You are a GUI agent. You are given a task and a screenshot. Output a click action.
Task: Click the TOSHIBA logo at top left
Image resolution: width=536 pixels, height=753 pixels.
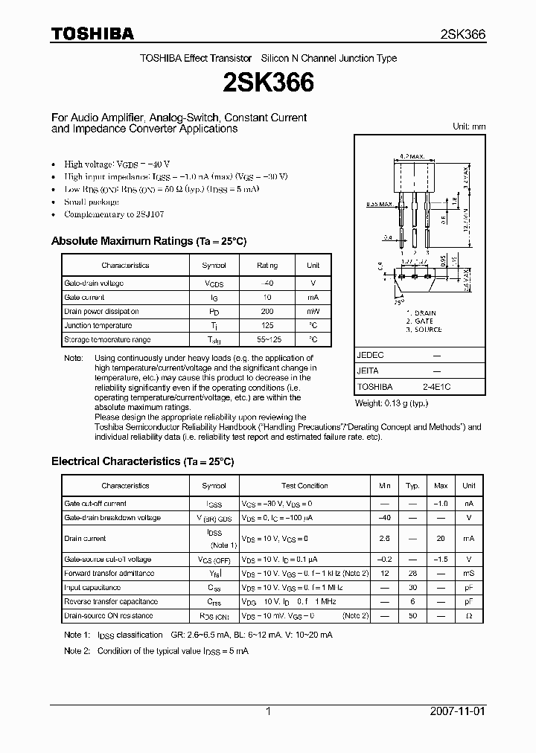[x=92, y=33]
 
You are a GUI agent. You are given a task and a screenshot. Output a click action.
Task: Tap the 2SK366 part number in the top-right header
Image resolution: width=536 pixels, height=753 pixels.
[x=462, y=34]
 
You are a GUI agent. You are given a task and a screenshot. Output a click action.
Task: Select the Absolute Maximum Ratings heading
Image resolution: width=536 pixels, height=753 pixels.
[x=148, y=241]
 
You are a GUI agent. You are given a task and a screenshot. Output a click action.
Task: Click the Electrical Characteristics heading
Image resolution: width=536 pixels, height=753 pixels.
[x=142, y=461]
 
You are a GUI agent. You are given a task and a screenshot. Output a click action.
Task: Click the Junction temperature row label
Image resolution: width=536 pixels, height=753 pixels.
[x=98, y=326]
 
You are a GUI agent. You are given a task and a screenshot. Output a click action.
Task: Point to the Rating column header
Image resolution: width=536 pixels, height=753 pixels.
[x=267, y=266]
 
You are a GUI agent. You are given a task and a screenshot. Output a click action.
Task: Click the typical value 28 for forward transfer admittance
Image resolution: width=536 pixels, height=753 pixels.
[x=412, y=574]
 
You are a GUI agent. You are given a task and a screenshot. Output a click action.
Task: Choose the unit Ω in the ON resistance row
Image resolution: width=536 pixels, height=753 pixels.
[x=468, y=615]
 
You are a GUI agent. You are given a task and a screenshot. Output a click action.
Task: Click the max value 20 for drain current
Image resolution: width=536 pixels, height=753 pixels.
[x=441, y=539]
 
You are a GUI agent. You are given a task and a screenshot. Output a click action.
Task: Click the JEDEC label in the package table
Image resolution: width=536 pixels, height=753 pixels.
[x=371, y=356]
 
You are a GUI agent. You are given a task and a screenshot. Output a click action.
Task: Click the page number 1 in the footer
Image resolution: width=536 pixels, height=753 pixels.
[x=268, y=711]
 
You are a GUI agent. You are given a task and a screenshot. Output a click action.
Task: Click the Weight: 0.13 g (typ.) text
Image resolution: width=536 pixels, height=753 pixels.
[x=392, y=403]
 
